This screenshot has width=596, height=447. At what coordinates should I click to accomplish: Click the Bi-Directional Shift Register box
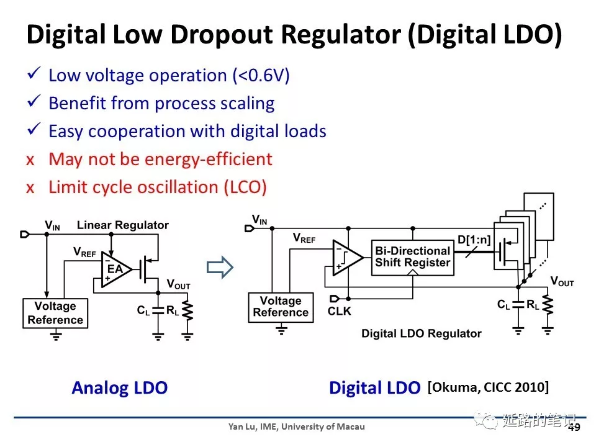coord(412,257)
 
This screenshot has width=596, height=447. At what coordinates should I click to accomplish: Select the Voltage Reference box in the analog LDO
coord(55,313)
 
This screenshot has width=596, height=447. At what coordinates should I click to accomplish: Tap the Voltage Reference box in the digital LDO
coord(281,307)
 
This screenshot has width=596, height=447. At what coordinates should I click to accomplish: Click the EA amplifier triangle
coord(116,269)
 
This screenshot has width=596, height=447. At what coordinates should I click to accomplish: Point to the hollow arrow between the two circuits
coord(219,268)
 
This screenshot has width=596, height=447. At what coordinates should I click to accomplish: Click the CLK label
coord(339,310)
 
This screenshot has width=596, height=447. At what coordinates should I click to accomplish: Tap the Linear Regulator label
coord(123,225)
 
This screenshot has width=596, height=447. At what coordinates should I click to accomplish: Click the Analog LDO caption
coord(119,388)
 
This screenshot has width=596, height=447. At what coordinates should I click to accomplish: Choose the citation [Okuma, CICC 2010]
coord(488,387)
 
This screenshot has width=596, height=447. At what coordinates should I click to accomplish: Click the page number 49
coord(574,428)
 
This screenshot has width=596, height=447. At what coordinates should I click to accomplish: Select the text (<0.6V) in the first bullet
coord(261,75)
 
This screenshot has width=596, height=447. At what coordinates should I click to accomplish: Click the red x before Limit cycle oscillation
coord(30,187)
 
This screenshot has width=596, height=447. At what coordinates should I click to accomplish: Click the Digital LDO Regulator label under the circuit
coord(422,333)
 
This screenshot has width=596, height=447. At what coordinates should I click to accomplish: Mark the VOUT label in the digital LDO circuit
coord(562,282)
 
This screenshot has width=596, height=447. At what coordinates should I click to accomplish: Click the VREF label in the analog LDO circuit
coord(84,252)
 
